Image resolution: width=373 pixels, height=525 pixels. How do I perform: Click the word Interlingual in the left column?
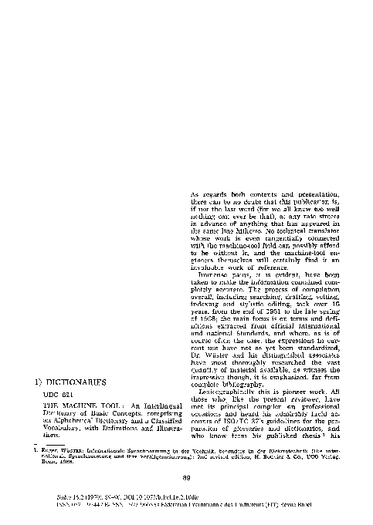161,405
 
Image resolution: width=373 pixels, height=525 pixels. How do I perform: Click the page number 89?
186,478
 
